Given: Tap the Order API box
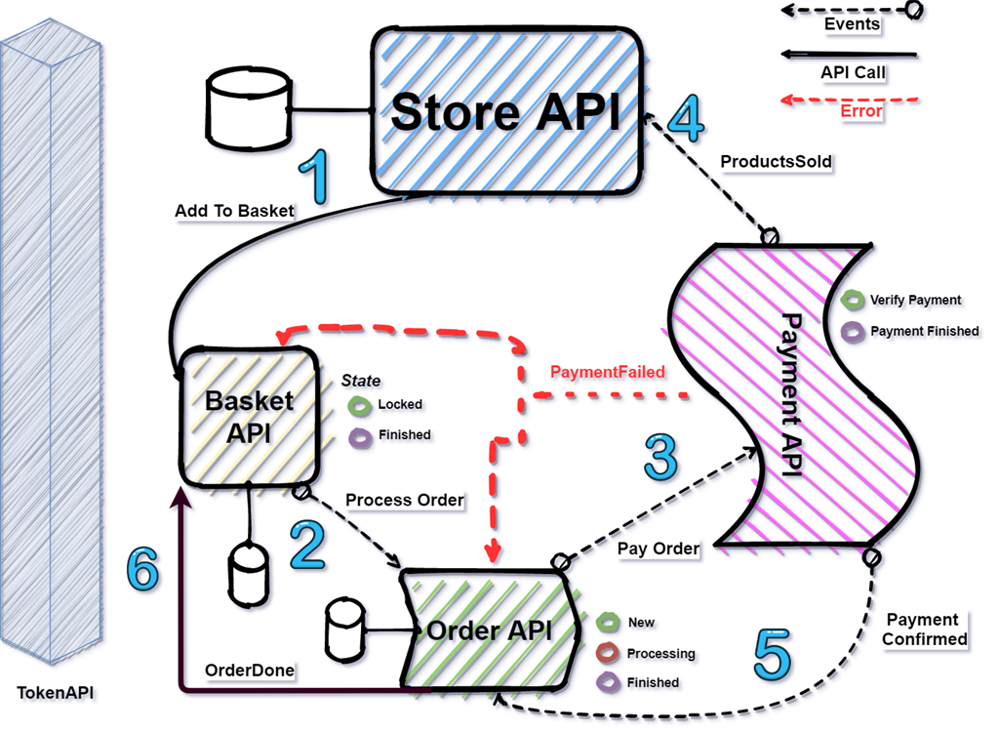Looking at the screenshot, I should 489,630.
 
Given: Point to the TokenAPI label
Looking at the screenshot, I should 56,694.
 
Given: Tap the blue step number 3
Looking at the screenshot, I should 661,455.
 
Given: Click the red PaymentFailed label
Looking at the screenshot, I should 607,372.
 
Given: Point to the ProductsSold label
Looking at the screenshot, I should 776,161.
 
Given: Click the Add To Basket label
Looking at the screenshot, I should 234,211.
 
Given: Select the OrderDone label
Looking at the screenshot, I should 250,671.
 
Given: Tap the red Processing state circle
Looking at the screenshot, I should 609,653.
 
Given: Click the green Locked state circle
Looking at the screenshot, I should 360,404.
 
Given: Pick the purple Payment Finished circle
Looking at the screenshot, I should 854,332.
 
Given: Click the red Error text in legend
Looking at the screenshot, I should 861,111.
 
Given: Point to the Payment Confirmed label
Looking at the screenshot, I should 923,630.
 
